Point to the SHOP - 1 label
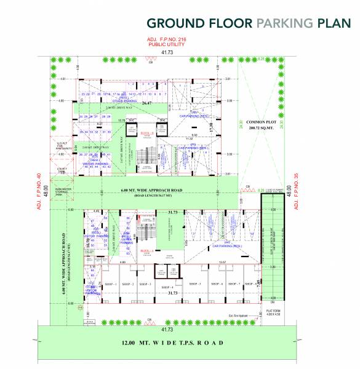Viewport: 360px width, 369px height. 110,284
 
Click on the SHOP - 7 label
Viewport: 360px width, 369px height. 234,284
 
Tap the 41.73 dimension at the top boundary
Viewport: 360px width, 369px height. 167,53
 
